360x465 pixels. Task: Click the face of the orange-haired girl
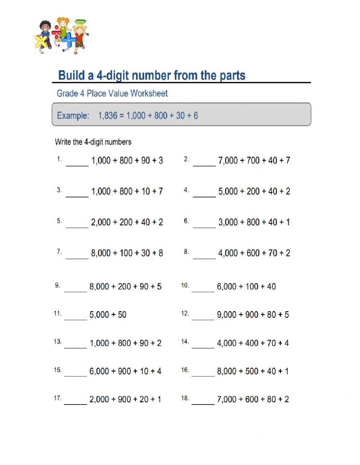[x=63, y=23]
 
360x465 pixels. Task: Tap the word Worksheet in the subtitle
[x=149, y=93]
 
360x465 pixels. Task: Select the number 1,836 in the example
[x=108, y=116]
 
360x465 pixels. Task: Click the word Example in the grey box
[x=73, y=116]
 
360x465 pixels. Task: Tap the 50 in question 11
[x=122, y=315]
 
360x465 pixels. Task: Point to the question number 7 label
[x=59, y=252]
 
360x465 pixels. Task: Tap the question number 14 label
[x=185, y=341]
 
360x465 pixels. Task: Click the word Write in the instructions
[x=63, y=142]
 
